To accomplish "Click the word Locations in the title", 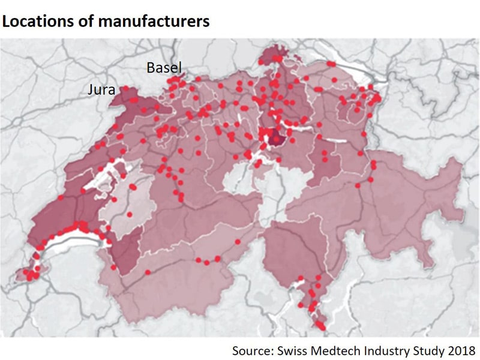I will [x=35, y=22].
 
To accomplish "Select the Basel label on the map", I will [x=164, y=68].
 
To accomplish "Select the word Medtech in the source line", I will [x=340, y=349].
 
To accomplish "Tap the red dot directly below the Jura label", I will [x=127, y=88].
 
